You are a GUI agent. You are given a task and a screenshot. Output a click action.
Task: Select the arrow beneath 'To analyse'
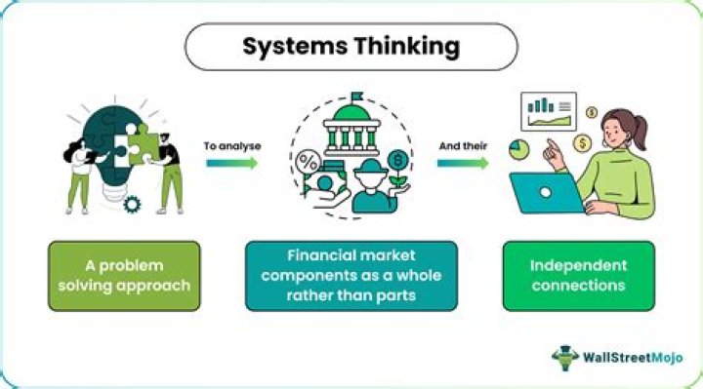231,163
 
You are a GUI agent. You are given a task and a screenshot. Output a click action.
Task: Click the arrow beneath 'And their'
462,163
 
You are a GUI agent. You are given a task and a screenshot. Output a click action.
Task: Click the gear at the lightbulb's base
134,203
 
